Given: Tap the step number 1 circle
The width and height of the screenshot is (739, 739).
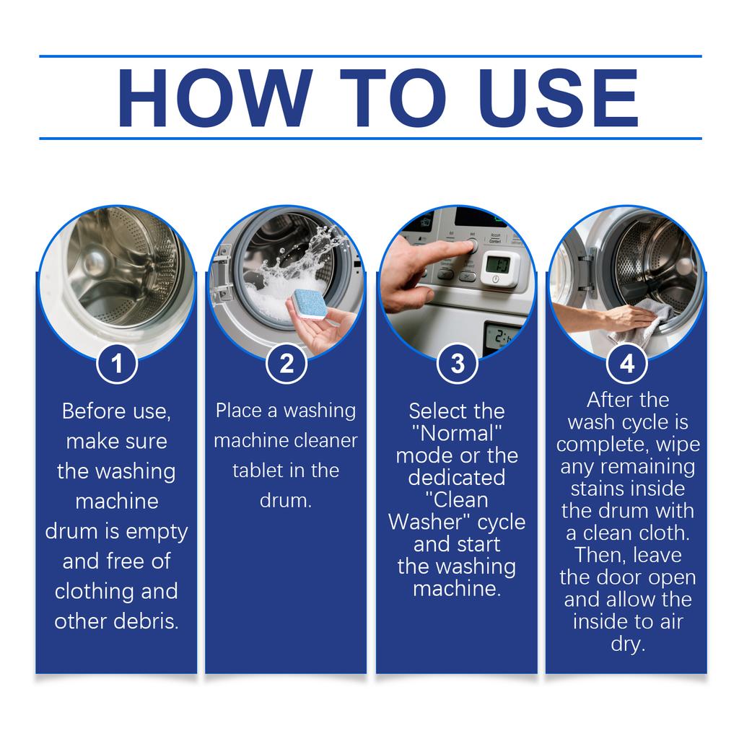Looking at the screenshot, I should (116, 364).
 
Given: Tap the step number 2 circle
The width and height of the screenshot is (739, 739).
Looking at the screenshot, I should (287, 364).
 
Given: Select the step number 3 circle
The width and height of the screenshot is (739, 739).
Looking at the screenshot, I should (458, 364).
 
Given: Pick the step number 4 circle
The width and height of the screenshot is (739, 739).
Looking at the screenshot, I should (627, 364).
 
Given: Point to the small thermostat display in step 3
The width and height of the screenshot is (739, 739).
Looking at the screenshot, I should (499, 268).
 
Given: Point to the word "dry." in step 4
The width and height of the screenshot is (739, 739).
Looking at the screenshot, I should (627, 644).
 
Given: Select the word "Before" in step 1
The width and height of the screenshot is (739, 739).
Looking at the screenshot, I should (88, 411).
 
